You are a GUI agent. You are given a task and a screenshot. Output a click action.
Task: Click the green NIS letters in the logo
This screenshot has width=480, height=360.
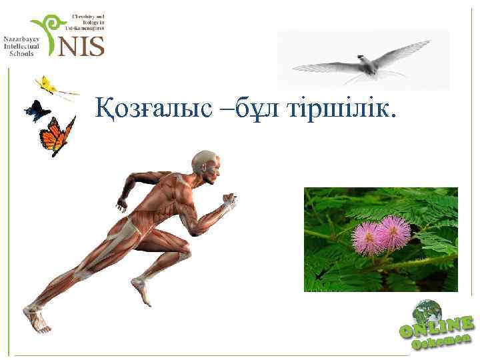pos(81,46)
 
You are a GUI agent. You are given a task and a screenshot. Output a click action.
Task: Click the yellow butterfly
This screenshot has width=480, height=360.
pos(47,85)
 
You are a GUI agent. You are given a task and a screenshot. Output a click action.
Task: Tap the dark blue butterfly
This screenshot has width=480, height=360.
pos(36,111)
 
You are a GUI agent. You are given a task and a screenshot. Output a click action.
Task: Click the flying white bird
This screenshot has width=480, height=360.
pos(363,63)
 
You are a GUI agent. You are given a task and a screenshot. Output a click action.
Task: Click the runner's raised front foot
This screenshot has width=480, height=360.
pos(141,291)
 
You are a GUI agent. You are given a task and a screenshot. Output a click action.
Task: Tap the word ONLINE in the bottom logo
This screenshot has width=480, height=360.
pos(437,327)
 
